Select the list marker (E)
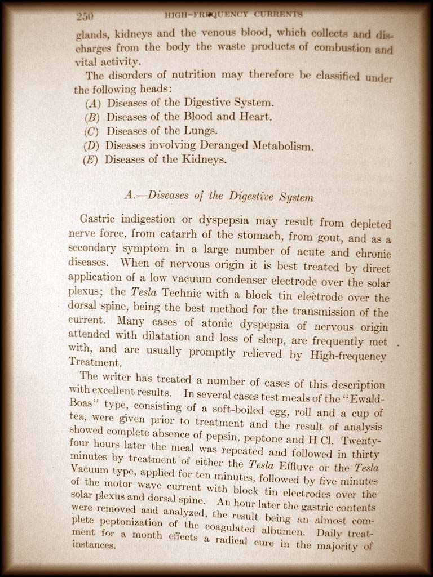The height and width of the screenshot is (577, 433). pos(90,159)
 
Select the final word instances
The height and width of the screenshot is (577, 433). pos(93,545)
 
